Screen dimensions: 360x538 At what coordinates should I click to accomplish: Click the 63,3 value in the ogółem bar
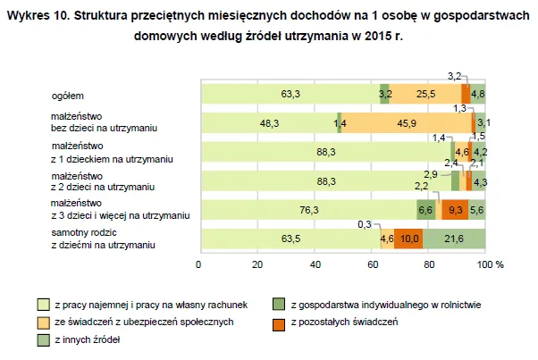[x=289, y=93]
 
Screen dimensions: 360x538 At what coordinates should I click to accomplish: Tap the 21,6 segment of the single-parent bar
[x=455, y=239]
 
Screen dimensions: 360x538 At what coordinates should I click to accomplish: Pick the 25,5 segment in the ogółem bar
[x=425, y=93]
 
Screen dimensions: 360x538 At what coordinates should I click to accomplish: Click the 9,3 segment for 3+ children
[x=455, y=210]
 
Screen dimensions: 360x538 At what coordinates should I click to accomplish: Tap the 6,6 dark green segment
[x=426, y=210]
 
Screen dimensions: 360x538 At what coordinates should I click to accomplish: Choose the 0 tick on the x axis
[x=200, y=265]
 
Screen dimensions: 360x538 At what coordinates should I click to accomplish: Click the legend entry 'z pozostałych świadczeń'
[x=344, y=321]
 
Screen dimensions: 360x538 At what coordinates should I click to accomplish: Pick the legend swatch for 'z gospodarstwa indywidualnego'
[x=281, y=304]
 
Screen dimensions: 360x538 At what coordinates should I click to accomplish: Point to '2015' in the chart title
[x=373, y=37]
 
